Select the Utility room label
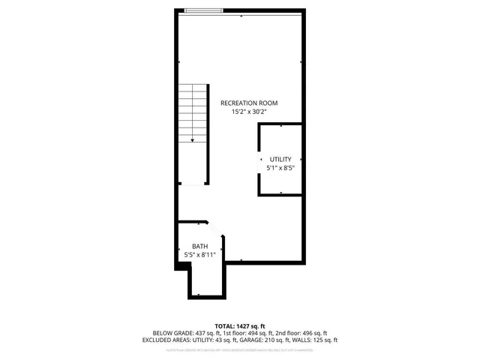point(280,159)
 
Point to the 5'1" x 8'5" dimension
point(280,168)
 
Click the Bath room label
point(199,246)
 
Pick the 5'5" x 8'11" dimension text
point(199,255)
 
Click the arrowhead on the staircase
point(193,139)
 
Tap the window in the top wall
point(204,11)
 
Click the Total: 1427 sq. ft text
point(240,326)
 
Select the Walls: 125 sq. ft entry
point(315,340)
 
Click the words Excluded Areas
point(165,340)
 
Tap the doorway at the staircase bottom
point(193,184)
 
